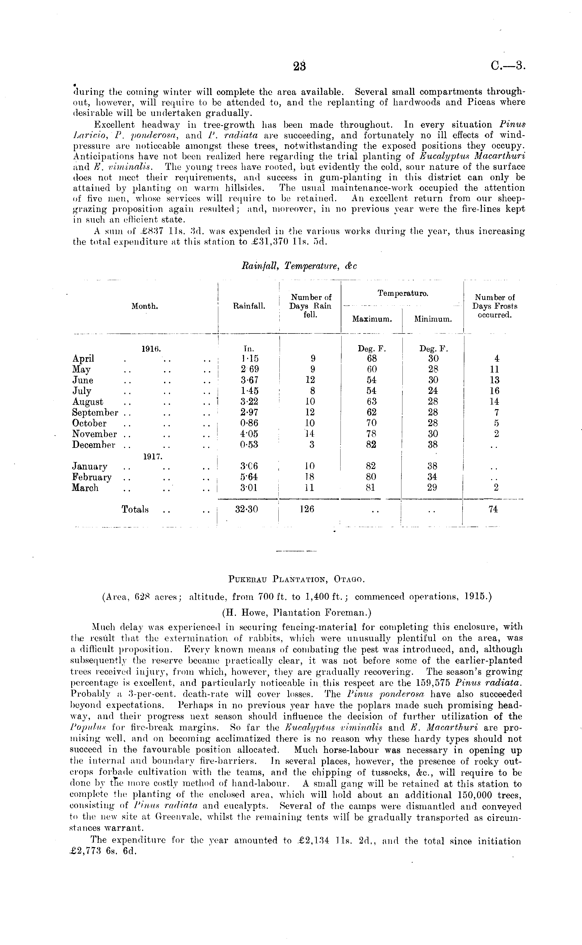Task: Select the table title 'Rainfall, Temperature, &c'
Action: point(299,266)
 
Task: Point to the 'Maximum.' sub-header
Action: point(372,319)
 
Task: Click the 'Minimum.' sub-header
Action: point(433,319)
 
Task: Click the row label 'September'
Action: point(95,413)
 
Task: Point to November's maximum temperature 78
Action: point(372,434)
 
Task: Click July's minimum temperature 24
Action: point(433,391)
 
